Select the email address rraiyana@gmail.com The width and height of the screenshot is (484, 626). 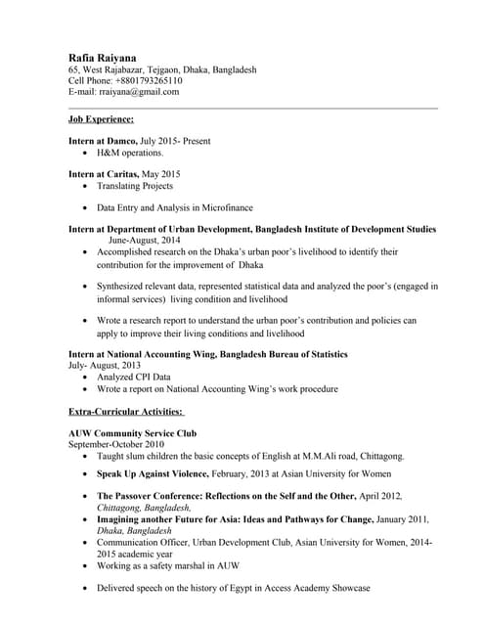click(139, 92)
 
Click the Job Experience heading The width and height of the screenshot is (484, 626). click(101, 119)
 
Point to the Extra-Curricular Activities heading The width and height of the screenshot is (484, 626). click(126, 414)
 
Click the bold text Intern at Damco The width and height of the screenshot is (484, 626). click(102, 142)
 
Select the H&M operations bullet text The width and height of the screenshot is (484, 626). click(130, 154)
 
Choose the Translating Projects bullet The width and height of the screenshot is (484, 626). click(134, 186)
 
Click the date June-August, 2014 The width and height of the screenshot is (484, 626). click(144, 240)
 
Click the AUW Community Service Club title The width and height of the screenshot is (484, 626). click(132, 433)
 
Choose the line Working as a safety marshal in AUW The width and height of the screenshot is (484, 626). click(167, 566)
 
